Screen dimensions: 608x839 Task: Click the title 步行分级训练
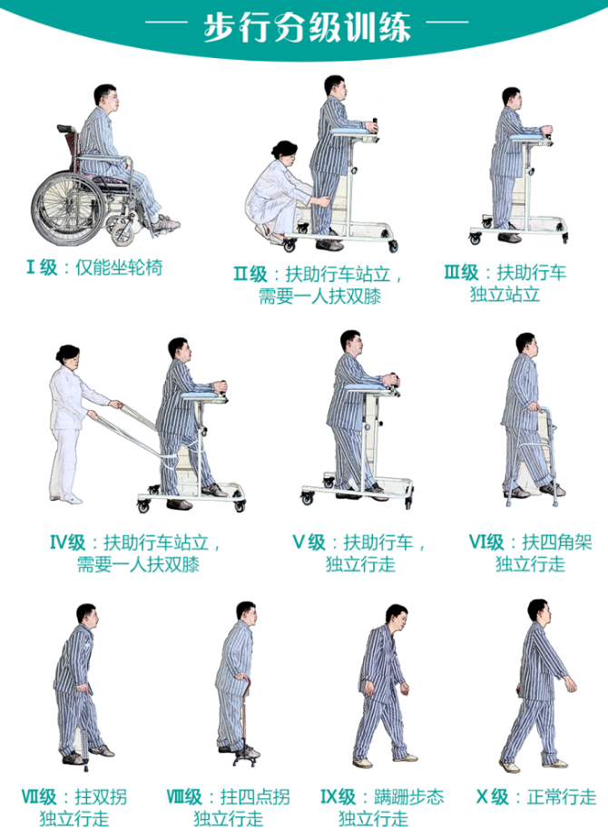tap(307, 27)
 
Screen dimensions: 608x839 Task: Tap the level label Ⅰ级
tap(42, 267)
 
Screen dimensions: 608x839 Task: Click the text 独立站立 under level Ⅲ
tap(505, 294)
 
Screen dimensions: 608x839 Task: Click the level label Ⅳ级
tap(68, 542)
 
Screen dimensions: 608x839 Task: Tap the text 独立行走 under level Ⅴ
tap(360, 564)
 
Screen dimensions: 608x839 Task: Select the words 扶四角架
tap(557, 542)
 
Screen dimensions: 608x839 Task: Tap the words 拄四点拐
tap(255, 796)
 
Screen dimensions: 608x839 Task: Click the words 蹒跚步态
tap(409, 796)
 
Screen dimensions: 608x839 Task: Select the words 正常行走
tap(562, 796)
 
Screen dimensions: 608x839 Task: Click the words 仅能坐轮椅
tap(118, 267)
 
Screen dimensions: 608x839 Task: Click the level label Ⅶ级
tap(39, 796)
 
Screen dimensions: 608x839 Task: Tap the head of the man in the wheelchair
tap(106, 97)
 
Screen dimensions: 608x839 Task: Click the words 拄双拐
tap(101, 796)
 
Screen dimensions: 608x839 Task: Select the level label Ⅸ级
tap(338, 796)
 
